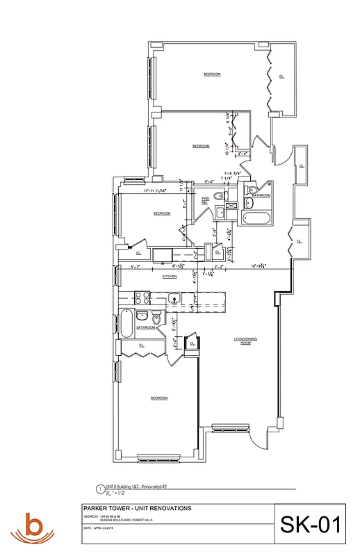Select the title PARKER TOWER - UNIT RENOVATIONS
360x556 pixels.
click(132, 508)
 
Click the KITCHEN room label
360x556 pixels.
click(170, 277)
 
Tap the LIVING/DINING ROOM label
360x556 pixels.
click(241, 341)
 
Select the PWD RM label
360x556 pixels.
click(206, 200)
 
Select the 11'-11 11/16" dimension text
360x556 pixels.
click(154, 190)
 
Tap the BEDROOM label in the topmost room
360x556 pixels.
click(212, 74)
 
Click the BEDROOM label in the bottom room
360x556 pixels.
click(159, 398)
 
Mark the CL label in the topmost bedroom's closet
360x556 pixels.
click(281, 76)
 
